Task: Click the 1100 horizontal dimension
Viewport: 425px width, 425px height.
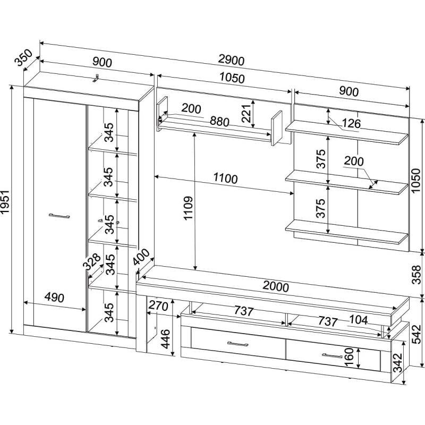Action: pyautogui.click(x=225, y=179)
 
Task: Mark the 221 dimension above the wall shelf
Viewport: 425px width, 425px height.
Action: pyautogui.click(x=246, y=113)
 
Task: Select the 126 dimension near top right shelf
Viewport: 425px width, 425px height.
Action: pyautogui.click(x=351, y=124)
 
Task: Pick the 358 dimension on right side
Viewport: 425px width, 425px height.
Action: pyautogui.click(x=417, y=274)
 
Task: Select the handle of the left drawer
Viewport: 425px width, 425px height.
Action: pyautogui.click(x=237, y=344)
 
